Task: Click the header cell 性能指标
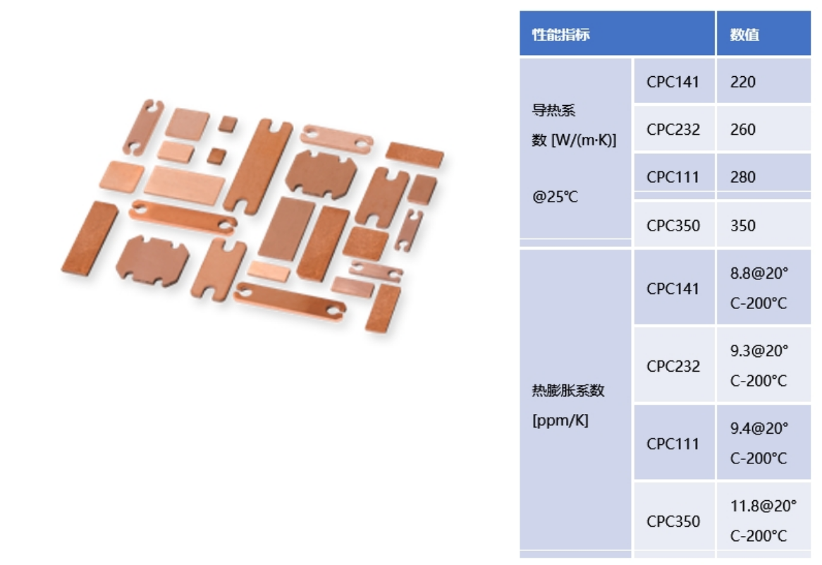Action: (x=560, y=35)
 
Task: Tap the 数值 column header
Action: (x=744, y=35)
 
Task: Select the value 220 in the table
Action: (x=743, y=82)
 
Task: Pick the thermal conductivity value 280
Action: (x=743, y=177)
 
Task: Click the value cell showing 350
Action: (x=743, y=226)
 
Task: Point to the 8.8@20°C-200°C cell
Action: (x=759, y=288)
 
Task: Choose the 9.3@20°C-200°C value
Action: (x=759, y=365)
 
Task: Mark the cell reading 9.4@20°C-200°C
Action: (x=759, y=443)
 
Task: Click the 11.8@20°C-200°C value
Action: (x=761, y=521)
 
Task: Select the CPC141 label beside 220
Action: (x=673, y=82)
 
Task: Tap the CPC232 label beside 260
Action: (x=673, y=130)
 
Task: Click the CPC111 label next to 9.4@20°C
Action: (x=673, y=444)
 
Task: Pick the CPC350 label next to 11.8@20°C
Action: (x=673, y=521)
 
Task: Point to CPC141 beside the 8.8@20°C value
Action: (x=673, y=288)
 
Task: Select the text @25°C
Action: (x=555, y=197)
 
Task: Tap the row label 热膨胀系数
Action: (x=568, y=391)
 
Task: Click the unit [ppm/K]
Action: (x=560, y=422)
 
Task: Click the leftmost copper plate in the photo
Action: (x=89, y=238)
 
